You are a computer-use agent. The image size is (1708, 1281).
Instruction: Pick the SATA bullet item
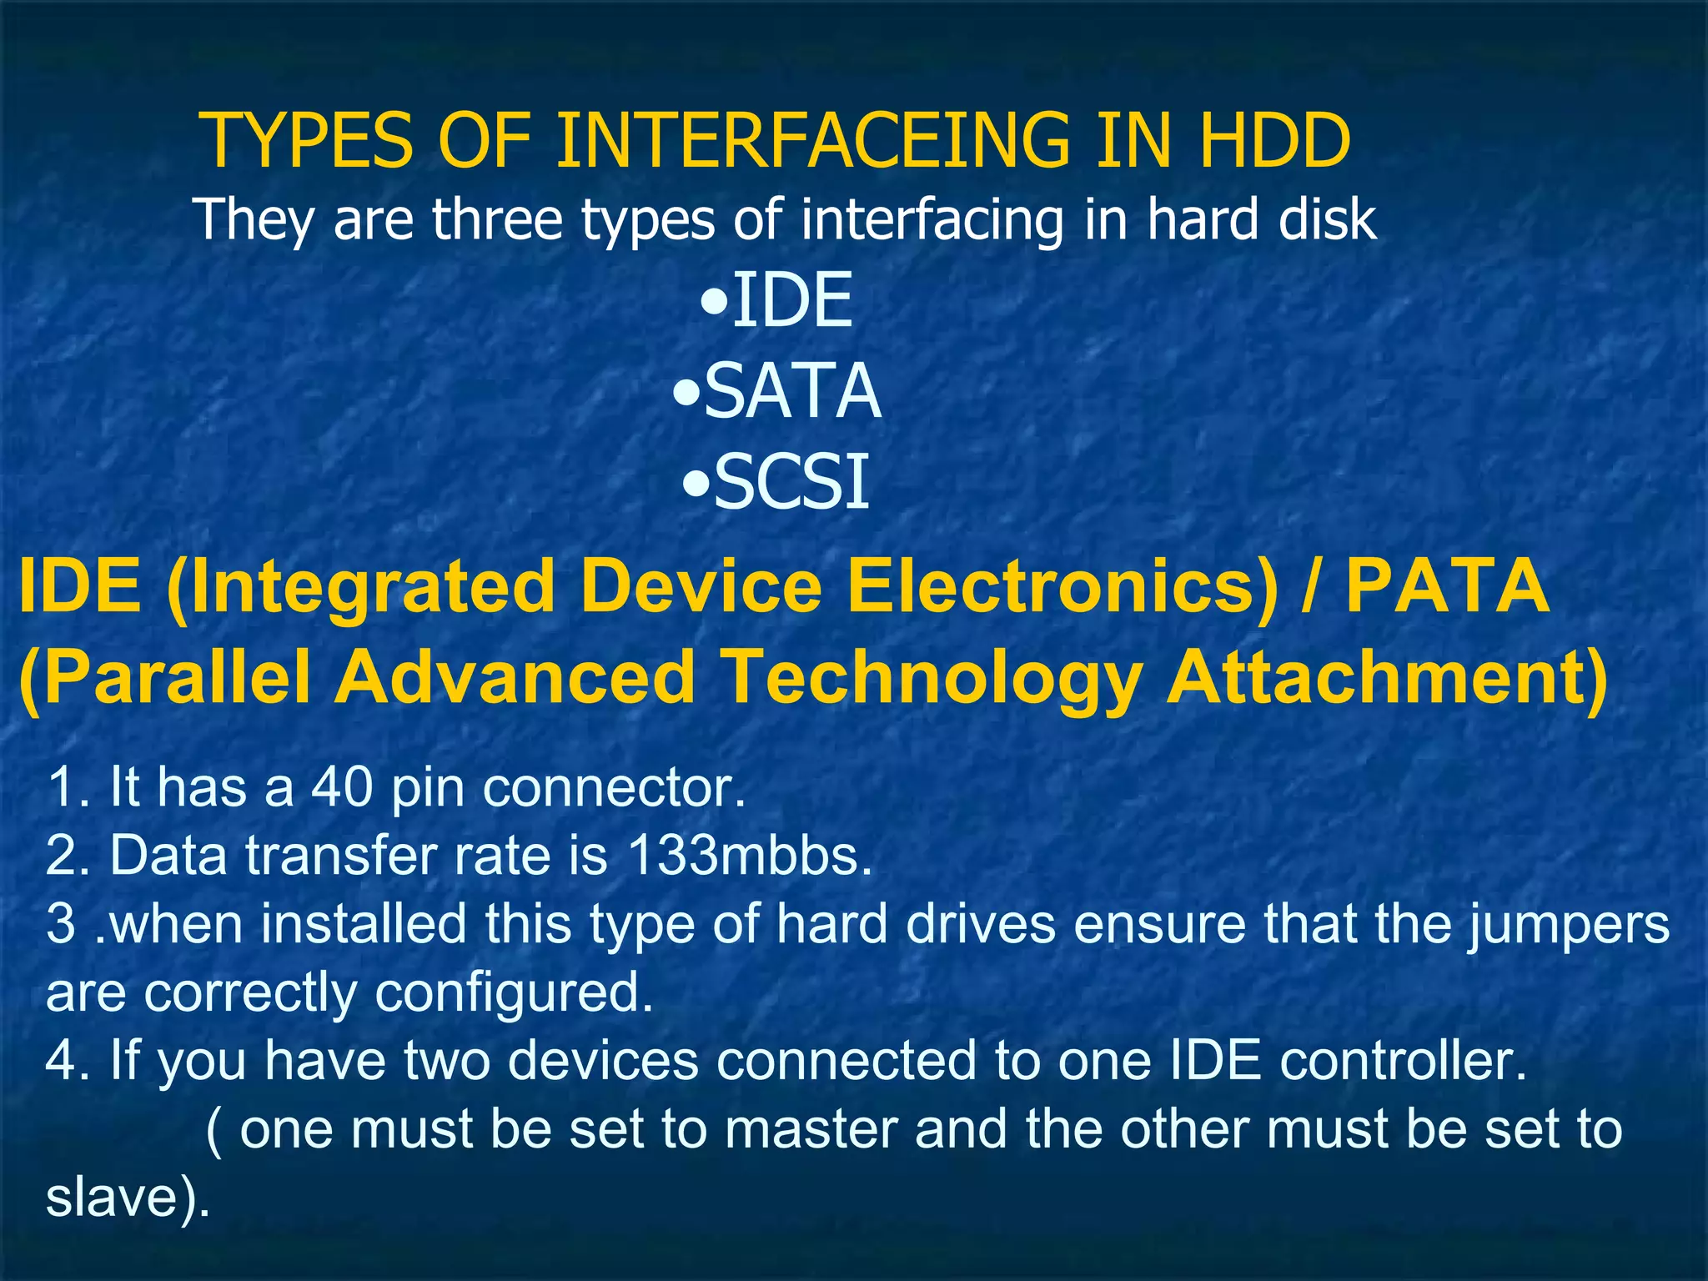[791, 391]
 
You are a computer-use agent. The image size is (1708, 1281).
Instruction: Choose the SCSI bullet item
[791, 482]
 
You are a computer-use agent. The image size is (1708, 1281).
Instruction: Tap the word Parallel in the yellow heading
[165, 677]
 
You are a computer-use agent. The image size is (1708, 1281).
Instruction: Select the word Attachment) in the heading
[1387, 677]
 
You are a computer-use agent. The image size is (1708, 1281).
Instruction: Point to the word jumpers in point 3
[1569, 926]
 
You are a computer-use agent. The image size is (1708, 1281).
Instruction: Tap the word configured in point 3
[513, 993]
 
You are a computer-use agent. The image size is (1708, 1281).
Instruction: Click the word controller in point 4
[1403, 1061]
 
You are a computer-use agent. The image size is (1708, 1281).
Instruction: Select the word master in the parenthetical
[811, 1129]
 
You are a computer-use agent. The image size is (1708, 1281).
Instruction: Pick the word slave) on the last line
[127, 1198]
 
